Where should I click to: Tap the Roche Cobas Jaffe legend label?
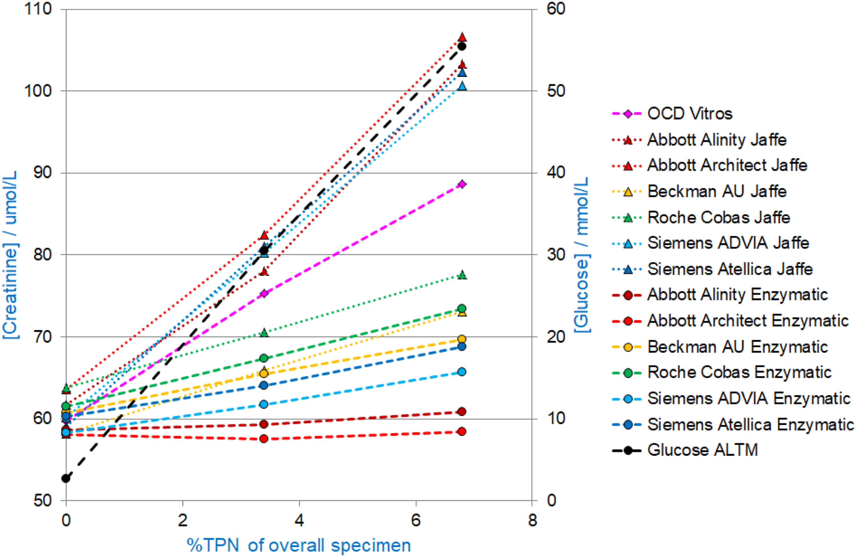point(718,217)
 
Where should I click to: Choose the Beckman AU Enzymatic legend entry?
point(738,347)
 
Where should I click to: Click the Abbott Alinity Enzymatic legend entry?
point(738,294)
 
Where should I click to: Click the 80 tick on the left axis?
point(43,255)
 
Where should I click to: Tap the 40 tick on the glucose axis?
point(556,173)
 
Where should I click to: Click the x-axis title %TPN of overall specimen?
point(299,545)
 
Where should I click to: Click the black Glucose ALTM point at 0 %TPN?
point(66,478)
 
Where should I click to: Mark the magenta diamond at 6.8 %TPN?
point(462,184)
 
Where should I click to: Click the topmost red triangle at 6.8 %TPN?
point(462,37)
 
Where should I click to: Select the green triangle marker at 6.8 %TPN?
point(462,275)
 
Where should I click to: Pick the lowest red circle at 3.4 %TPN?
point(264,438)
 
